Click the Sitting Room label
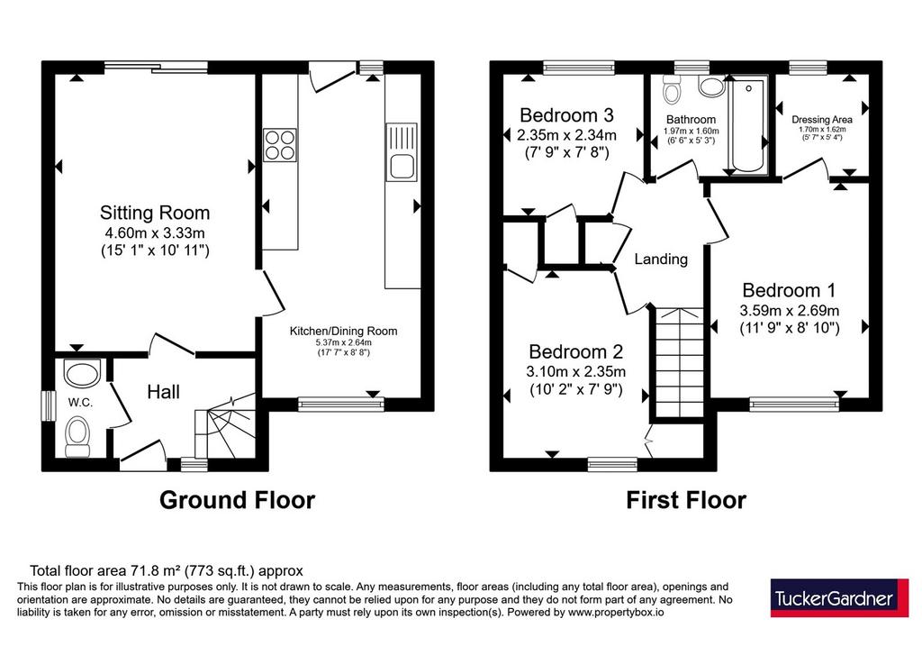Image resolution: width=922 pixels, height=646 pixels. coord(155,213)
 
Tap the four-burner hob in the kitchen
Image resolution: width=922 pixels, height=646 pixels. coord(280,145)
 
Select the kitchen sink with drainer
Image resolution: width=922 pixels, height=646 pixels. coord(402,151)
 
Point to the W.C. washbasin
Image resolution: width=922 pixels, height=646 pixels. coord(82,374)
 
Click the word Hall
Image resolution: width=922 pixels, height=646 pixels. coord(164,392)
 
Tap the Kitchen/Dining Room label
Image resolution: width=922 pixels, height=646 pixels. coord(343,332)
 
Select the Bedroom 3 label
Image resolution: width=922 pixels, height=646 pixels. coord(567,114)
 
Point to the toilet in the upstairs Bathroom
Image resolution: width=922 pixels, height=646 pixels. coord(671,89)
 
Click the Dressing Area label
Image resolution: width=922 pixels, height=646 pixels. coord(822,120)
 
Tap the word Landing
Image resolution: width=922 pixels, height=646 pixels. coord(661,259)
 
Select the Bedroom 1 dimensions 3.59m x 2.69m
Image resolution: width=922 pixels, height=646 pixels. coord(789,310)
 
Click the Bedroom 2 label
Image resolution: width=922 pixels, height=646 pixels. coord(575,351)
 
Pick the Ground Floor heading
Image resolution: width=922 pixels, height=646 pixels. coord(237,499)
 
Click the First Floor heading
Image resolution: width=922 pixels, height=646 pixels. coord(685,499)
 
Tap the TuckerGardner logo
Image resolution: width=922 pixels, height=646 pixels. coord(840,597)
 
